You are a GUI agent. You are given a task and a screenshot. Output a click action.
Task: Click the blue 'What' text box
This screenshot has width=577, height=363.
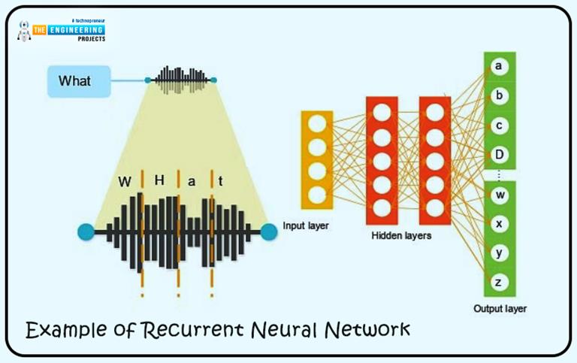coord(78,81)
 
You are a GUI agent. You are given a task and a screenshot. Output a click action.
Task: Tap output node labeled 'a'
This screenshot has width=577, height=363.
coord(498,67)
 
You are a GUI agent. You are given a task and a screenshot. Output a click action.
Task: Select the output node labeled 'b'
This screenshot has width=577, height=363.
coord(498,96)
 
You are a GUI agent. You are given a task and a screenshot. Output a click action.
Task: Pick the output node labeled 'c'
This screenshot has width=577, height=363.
coord(498,125)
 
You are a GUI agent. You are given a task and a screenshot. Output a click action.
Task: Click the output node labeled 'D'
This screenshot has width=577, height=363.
coord(498,153)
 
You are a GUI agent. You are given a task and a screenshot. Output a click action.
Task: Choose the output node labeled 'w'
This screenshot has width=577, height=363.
coord(498,195)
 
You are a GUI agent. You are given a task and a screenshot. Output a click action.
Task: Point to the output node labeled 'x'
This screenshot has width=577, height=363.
coord(498,224)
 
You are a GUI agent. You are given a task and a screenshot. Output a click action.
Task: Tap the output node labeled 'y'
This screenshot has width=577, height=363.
coord(498,253)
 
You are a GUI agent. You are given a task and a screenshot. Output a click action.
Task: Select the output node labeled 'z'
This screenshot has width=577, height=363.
coord(498,282)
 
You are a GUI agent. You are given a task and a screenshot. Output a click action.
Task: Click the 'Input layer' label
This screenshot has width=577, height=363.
coord(306,225)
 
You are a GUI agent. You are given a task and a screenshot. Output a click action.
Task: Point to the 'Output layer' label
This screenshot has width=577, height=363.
coord(500,309)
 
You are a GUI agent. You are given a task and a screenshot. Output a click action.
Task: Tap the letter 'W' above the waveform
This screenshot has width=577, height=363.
coord(125,182)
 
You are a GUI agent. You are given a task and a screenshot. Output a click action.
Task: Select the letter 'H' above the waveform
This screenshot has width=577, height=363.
coord(159,181)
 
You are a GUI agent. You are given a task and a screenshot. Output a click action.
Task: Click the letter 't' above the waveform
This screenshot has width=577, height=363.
coord(220,182)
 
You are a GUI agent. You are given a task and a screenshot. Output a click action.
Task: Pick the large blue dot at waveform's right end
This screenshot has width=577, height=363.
coord(268,232)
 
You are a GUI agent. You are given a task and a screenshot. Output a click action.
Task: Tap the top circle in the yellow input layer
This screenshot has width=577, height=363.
coord(316,124)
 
